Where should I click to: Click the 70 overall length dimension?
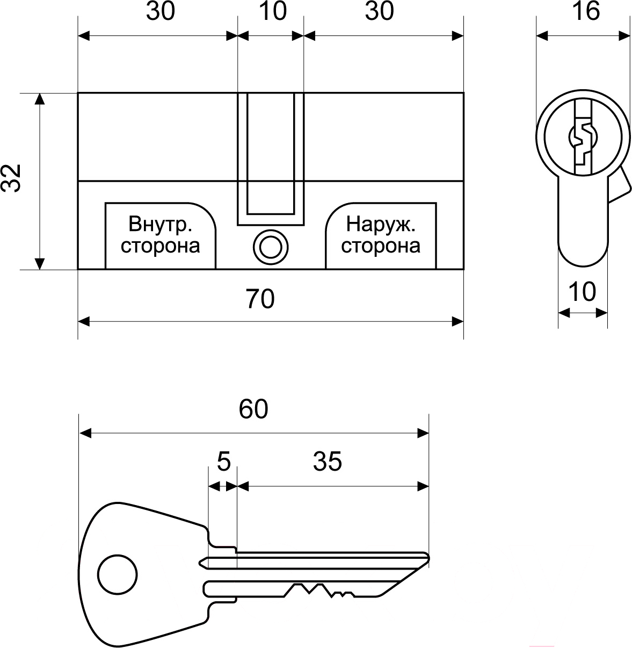pos(260,299)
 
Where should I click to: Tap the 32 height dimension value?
pos(11,177)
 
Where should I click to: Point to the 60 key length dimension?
pos(253,409)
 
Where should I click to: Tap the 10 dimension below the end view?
pos(582,292)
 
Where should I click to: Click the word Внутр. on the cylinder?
pos(161,224)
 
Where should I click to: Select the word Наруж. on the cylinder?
pos(381,224)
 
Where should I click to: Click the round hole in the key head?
pos(117,573)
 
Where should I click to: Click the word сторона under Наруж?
pos(381,246)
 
